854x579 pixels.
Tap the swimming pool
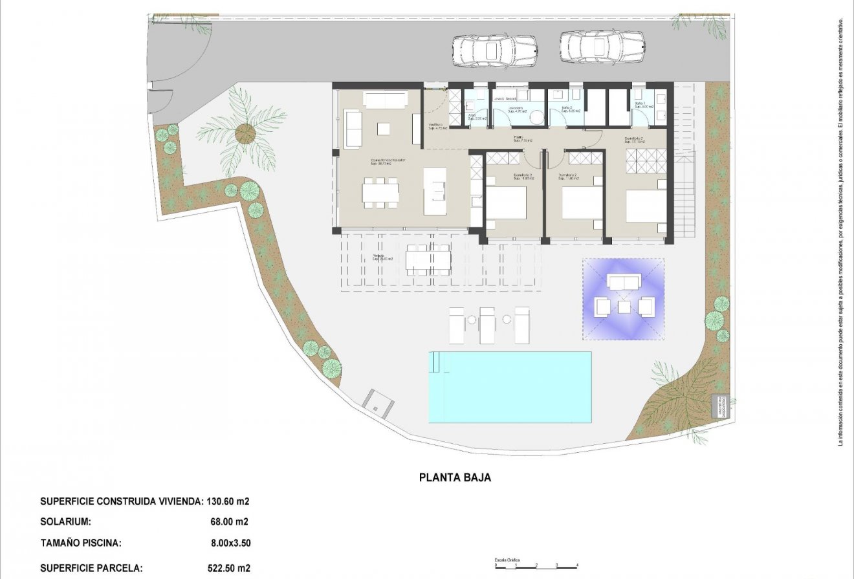pyautogui.click(x=510, y=387)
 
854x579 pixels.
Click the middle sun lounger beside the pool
pyautogui.click(x=487, y=325)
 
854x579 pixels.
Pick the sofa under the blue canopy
pyautogui.click(x=623, y=281)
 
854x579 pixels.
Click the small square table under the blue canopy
pyautogui.click(x=624, y=307)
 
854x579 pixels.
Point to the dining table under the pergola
pyautogui.click(x=428, y=259)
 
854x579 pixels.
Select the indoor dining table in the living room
pyautogui.click(x=380, y=193)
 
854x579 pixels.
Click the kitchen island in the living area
pyautogui.click(x=435, y=191)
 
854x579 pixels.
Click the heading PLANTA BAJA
pyautogui.click(x=455, y=478)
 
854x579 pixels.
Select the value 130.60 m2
pyautogui.click(x=228, y=501)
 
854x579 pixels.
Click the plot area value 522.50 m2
pyautogui.click(x=228, y=568)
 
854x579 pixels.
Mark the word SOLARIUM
pyautogui.click(x=65, y=521)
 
